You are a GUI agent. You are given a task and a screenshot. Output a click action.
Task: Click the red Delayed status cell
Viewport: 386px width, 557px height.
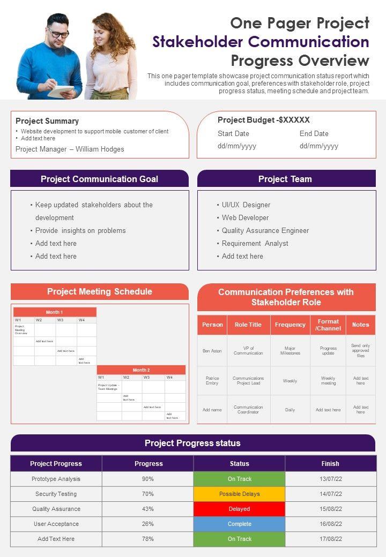pyautogui.click(x=239, y=509)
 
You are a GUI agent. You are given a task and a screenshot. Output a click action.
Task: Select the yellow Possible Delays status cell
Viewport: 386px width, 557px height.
pyautogui.click(x=239, y=494)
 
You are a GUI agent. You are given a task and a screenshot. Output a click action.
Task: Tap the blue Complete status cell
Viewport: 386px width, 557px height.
pyautogui.click(x=239, y=524)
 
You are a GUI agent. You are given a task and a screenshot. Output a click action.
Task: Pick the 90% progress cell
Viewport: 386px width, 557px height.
pyautogui.click(x=148, y=479)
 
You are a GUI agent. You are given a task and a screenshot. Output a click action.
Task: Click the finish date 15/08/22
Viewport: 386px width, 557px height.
pyautogui.click(x=330, y=509)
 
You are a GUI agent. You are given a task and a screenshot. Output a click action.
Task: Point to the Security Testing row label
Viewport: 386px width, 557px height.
pyautogui.click(x=56, y=494)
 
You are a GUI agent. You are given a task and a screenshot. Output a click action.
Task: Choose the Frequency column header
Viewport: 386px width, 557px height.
pyautogui.click(x=290, y=325)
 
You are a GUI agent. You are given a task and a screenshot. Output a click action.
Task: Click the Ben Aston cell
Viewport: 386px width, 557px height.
pyautogui.click(x=212, y=351)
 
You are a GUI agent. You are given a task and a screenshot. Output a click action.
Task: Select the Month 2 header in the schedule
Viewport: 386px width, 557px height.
pyautogui.click(x=141, y=370)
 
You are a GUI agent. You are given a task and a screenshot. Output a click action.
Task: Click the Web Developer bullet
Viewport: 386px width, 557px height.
pyautogui.click(x=246, y=217)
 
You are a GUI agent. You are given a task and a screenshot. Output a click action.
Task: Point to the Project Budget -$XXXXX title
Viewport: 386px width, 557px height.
pyautogui.click(x=264, y=120)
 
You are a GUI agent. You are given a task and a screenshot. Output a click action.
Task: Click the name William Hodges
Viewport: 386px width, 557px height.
pyautogui.click(x=100, y=149)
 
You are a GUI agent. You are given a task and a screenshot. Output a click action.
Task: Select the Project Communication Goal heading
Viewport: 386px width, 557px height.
pyautogui.click(x=99, y=179)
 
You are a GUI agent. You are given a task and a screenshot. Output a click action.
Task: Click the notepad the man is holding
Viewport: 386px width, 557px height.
pyautogui.click(x=61, y=91)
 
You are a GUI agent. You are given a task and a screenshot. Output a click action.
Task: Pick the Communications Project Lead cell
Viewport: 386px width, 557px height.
pyautogui.click(x=248, y=381)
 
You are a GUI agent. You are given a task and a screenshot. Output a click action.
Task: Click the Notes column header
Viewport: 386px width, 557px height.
pyautogui.click(x=361, y=325)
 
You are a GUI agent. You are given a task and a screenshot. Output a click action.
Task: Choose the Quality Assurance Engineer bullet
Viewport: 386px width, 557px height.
pyautogui.click(x=265, y=230)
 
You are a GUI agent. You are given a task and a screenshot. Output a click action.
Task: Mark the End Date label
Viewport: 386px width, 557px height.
pyautogui.click(x=314, y=133)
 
